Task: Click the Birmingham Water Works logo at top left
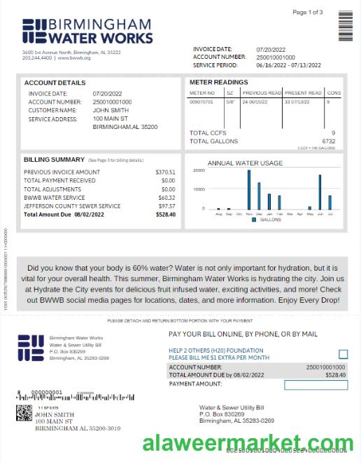[87, 32]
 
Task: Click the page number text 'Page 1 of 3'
[308, 13]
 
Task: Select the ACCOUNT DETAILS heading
[55, 83]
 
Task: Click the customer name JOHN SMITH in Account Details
[111, 110]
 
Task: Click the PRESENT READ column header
[303, 93]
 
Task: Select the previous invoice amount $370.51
[166, 172]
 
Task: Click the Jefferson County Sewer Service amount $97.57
[167, 206]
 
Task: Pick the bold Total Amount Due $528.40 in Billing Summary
[166, 215]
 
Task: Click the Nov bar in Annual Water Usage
[248, 189]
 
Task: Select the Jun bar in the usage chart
[320, 192]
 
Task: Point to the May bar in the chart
[310, 208]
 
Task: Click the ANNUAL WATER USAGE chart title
[246, 163]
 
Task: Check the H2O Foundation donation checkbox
[343, 355]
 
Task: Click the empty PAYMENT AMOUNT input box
[316, 385]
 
